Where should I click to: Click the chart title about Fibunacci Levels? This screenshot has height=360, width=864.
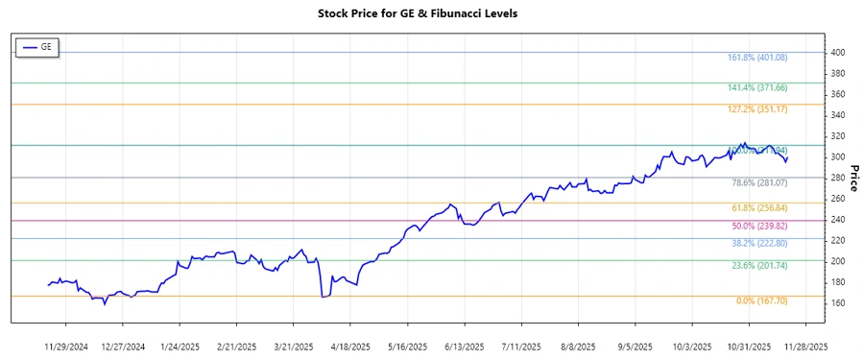(x=431, y=13)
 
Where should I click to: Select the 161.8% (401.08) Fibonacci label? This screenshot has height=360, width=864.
(x=757, y=58)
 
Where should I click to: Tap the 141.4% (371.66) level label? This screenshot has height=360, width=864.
(x=757, y=87)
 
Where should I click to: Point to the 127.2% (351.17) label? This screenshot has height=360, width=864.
(x=757, y=109)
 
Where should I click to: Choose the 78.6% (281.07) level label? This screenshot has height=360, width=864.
(x=759, y=182)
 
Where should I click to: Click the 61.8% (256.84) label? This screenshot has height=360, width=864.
(x=759, y=207)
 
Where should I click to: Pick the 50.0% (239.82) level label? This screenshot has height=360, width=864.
(x=759, y=226)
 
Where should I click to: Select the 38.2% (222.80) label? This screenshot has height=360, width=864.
(x=759, y=244)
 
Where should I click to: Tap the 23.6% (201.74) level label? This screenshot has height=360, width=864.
(x=759, y=265)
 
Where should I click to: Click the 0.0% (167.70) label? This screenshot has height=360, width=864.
(x=761, y=301)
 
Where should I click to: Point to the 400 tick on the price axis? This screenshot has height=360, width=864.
(x=838, y=52)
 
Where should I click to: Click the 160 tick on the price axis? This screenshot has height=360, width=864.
(x=838, y=303)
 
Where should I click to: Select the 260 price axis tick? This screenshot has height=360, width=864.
(x=838, y=199)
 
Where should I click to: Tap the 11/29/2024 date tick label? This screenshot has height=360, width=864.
(x=67, y=346)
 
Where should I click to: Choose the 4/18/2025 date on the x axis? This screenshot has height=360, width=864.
(x=351, y=346)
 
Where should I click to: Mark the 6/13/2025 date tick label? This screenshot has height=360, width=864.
(x=465, y=346)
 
